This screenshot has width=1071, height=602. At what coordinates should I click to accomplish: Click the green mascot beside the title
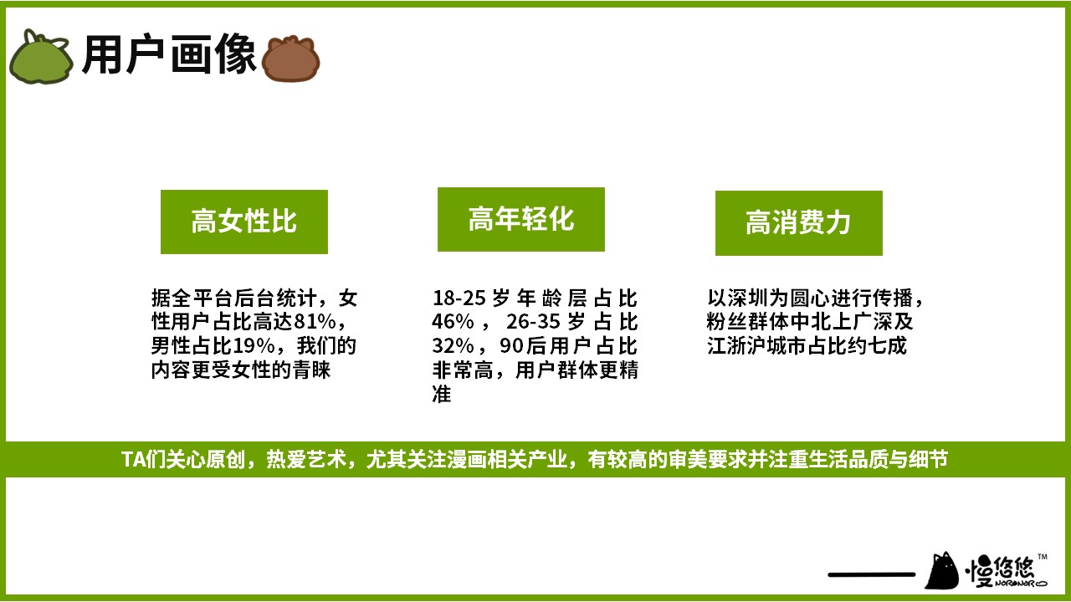[41, 58]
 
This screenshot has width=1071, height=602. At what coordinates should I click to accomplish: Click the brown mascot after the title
[290, 59]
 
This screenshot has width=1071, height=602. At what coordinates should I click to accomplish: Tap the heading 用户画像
[169, 54]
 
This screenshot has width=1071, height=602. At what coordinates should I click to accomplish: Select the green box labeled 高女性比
[243, 222]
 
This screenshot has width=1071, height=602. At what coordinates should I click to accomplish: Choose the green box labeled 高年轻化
[521, 219]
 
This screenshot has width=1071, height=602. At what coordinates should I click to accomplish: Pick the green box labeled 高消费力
[799, 223]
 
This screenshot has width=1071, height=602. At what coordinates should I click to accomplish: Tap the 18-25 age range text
[459, 298]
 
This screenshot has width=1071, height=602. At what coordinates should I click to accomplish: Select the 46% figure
[453, 322]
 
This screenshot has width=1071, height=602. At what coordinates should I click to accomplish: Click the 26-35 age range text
[533, 322]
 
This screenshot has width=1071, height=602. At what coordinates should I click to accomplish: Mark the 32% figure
[453, 345]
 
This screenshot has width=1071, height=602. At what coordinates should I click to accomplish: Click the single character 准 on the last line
[441, 394]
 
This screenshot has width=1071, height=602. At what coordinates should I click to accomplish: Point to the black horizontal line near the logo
[872, 574]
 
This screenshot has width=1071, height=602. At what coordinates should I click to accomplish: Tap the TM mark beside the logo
[1043, 557]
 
